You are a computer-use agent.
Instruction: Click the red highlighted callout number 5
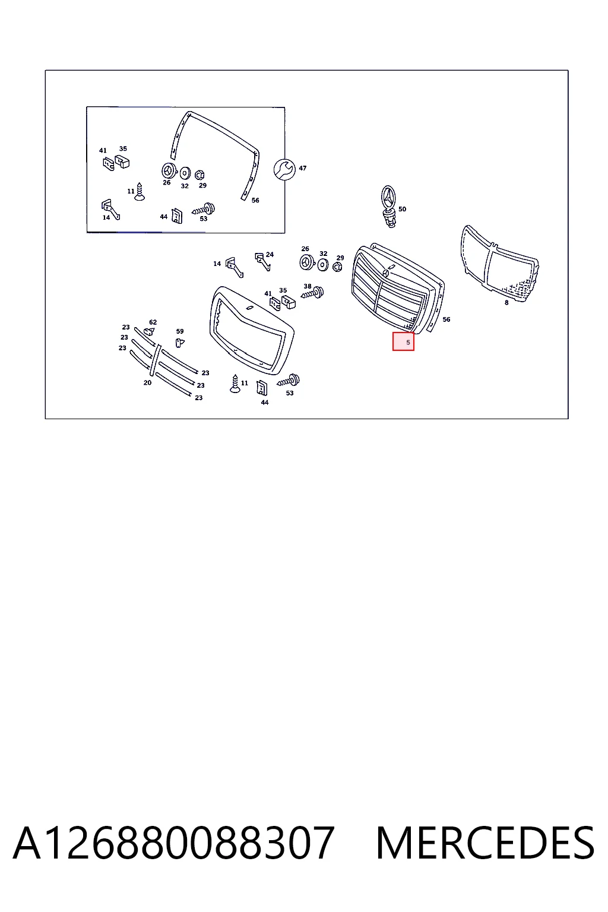click(x=408, y=343)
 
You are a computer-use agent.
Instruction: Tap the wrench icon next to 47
click(x=284, y=169)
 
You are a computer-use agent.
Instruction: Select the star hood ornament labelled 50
click(x=389, y=207)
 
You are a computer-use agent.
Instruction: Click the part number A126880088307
click(x=173, y=844)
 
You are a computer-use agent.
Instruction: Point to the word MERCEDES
click(x=485, y=844)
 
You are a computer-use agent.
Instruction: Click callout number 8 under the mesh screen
click(x=506, y=302)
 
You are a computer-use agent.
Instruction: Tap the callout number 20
click(x=147, y=383)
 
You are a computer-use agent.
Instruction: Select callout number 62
click(x=153, y=322)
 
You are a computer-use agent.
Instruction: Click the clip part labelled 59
click(x=179, y=343)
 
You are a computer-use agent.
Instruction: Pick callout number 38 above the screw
click(x=308, y=286)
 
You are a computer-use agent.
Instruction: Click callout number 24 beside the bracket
click(x=270, y=255)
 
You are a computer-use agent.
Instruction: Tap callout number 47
click(x=303, y=168)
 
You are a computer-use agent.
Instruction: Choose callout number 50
click(x=402, y=209)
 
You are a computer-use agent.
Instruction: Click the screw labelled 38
click(x=313, y=293)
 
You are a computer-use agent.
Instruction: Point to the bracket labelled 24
click(x=262, y=261)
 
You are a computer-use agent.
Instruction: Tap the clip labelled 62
click(x=150, y=331)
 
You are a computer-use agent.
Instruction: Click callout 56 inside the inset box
click(x=255, y=200)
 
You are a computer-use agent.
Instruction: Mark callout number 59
click(x=179, y=331)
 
